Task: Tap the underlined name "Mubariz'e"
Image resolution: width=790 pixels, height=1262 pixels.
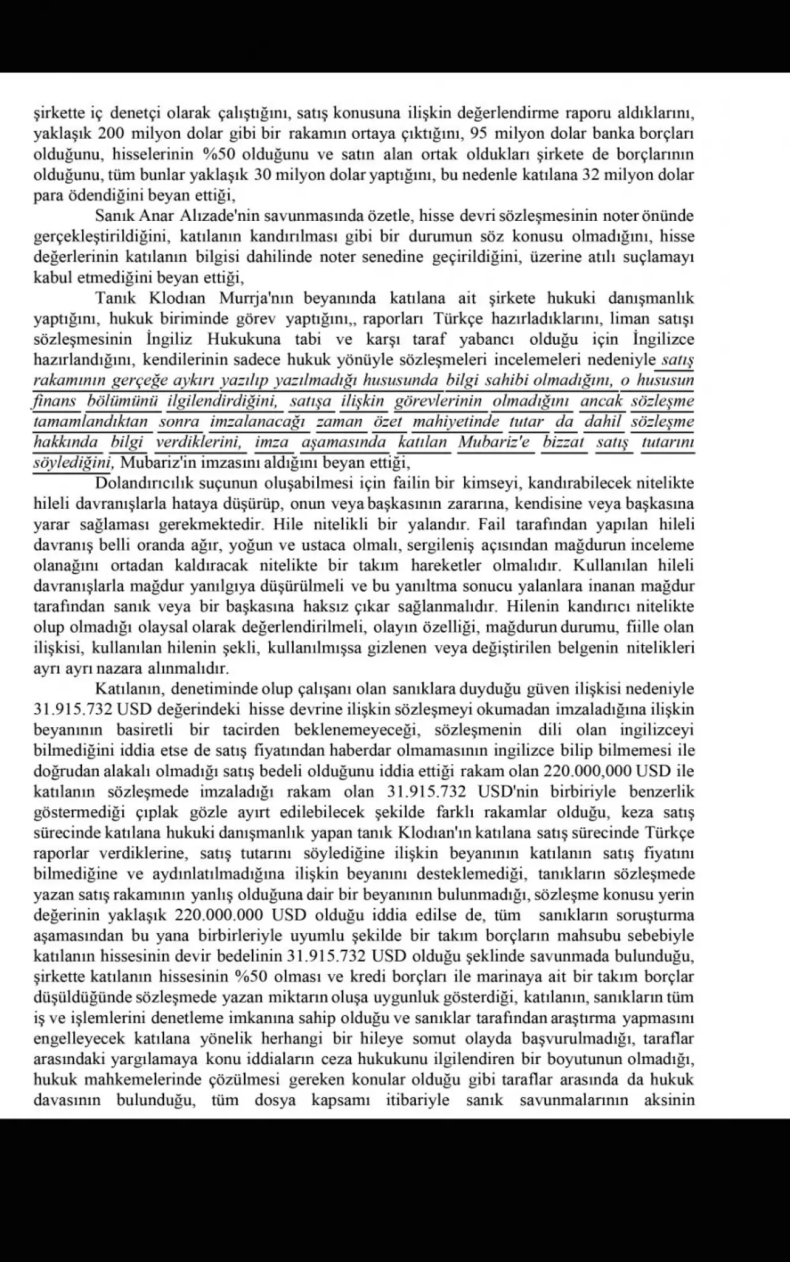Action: tap(494, 442)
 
